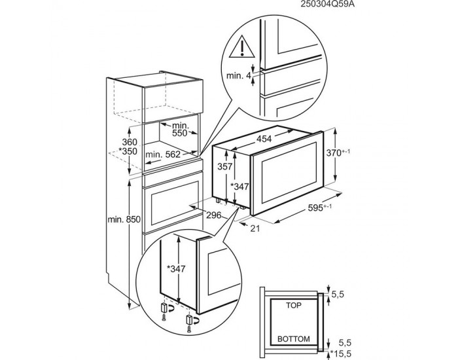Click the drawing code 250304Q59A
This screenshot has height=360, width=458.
326,5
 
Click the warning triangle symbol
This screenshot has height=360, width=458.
242,46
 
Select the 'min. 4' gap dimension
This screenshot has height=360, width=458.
239,76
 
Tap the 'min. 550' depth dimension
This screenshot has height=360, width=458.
181,129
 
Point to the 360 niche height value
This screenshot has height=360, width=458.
130,142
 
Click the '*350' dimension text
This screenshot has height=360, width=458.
128,151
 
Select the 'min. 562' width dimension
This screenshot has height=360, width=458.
163,154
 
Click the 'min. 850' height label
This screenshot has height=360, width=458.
124,219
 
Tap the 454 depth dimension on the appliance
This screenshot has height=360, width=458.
264,139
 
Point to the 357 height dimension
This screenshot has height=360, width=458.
224,166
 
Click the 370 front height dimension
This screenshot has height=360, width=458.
338,153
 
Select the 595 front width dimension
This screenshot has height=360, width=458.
320,207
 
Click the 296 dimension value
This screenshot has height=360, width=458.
214,215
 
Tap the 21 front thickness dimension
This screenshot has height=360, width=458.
255,228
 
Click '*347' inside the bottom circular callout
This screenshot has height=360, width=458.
176,268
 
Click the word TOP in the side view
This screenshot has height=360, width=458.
294,306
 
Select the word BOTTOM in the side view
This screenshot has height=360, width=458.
294,339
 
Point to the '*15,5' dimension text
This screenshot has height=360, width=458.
341,354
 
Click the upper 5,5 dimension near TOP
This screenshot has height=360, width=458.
338,294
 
